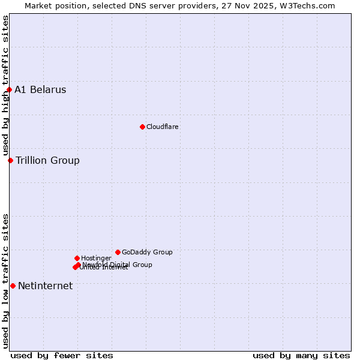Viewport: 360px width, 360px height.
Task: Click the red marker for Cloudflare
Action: (x=142, y=127)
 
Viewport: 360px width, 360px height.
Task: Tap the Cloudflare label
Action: (x=162, y=127)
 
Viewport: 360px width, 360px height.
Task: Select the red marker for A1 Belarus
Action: (x=9, y=90)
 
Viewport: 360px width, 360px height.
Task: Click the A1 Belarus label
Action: (x=40, y=90)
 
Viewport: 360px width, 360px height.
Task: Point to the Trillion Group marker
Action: (x=10, y=160)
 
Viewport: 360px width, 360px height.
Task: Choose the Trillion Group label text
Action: (x=47, y=160)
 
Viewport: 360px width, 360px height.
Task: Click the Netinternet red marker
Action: (x=13, y=286)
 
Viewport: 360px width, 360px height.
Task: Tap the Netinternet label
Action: (x=45, y=286)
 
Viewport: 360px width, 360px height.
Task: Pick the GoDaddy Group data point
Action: (x=118, y=252)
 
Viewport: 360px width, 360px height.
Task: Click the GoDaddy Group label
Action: (x=147, y=252)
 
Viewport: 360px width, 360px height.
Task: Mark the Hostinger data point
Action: (x=77, y=258)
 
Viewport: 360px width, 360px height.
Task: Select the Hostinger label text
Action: (x=96, y=258)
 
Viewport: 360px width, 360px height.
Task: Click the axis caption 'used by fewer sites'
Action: (x=62, y=355)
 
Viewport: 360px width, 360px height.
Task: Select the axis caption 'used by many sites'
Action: (x=301, y=355)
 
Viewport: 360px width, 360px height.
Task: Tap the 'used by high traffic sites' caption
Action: (x=5, y=85)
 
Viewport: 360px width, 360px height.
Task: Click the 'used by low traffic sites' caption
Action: (x=5, y=281)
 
